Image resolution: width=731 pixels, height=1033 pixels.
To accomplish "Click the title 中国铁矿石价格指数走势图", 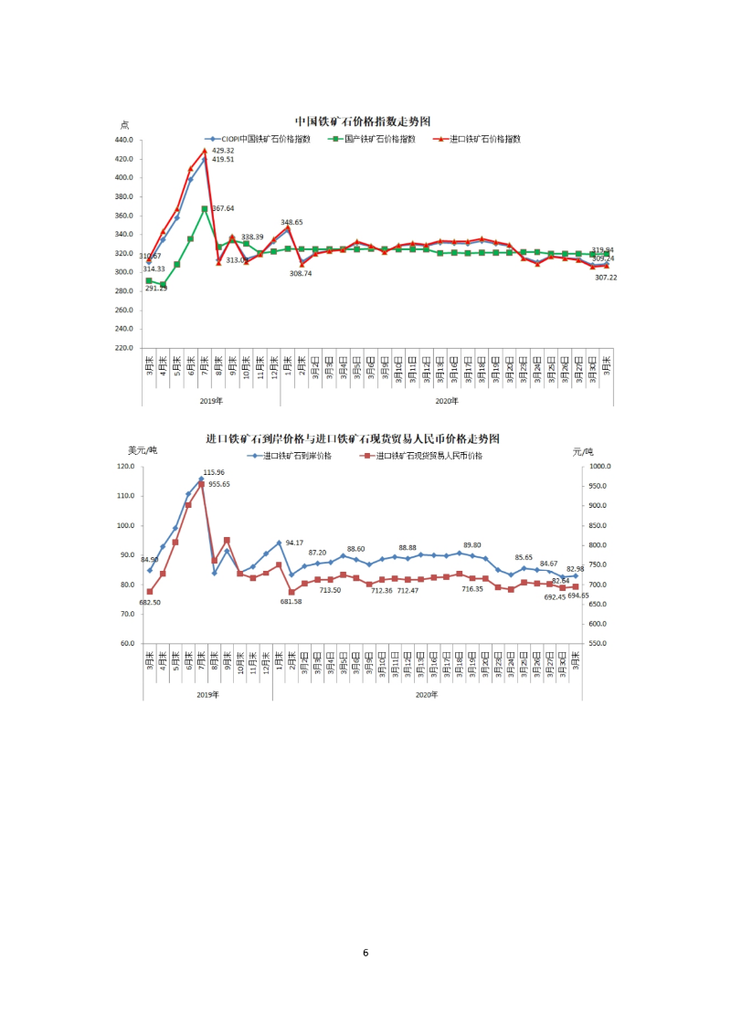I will click(x=362, y=121).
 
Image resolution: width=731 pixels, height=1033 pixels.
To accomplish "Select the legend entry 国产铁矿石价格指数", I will click(x=378, y=139).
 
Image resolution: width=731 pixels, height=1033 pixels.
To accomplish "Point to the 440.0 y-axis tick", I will click(x=124, y=140).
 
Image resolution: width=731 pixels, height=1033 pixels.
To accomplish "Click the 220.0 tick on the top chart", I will click(x=124, y=348).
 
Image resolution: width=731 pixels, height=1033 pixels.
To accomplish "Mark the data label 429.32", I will click(x=223, y=151).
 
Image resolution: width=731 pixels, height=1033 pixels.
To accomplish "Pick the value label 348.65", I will click(x=291, y=222).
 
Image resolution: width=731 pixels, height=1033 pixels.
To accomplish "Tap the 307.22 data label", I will click(x=606, y=278).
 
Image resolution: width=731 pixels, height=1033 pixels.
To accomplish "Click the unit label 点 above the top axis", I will click(x=125, y=125).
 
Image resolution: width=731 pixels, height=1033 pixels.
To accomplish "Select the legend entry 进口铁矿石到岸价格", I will click(x=293, y=454).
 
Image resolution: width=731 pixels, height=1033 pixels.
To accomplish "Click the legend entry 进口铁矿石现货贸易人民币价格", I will click(x=428, y=454).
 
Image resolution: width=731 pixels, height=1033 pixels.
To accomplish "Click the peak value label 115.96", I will click(x=213, y=472).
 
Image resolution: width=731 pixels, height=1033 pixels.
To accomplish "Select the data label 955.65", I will click(x=219, y=484).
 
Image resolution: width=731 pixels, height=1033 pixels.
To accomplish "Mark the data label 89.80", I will click(x=472, y=545).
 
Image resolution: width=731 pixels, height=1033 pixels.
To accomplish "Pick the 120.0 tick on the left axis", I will click(x=126, y=467).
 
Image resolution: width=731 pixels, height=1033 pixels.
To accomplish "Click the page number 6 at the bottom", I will click(x=365, y=953).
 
